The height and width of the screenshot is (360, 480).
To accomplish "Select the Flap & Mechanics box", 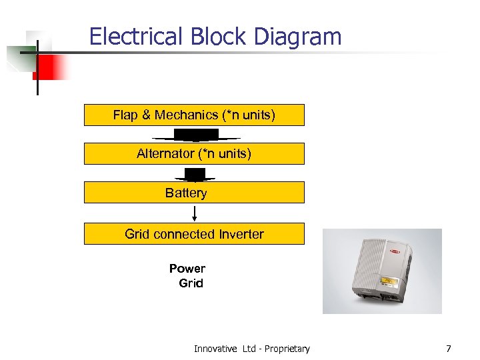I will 194,115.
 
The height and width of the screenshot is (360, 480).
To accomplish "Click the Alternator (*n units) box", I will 194,154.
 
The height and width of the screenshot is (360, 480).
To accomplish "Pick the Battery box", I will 194,193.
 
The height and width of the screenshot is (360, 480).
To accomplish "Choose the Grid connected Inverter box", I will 194,234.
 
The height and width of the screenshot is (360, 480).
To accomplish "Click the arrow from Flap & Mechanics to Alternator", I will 195,135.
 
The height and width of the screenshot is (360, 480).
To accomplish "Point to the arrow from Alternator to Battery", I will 195,175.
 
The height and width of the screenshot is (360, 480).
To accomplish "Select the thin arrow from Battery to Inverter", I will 195,213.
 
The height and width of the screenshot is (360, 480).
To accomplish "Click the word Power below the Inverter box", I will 187,269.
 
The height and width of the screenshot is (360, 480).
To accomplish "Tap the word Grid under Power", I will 191,283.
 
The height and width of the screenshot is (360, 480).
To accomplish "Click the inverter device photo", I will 382,271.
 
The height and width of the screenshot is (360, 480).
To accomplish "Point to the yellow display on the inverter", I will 389,283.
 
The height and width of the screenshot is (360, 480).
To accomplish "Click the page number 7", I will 449,348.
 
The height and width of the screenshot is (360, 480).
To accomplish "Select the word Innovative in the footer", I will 215,349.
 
